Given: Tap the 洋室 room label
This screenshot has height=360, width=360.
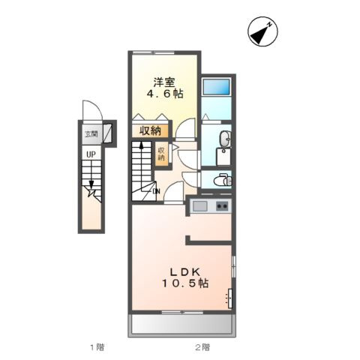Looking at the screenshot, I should [x=164, y=82].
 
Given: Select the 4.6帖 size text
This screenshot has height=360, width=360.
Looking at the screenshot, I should [x=164, y=94].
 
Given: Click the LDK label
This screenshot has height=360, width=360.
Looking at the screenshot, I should [x=181, y=271].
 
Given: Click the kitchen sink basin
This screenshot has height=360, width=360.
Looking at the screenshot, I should [x=199, y=206].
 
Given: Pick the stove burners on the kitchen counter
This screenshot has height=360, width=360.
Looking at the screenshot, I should [x=221, y=206].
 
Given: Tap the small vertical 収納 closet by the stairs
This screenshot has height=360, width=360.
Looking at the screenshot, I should [x=160, y=154].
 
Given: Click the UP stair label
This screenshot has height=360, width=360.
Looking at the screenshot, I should [x=91, y=154].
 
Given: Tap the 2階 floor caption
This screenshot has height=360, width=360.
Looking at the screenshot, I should [x=202, y=346].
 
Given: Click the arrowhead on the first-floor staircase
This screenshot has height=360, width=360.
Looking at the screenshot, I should [x=91, y=190].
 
